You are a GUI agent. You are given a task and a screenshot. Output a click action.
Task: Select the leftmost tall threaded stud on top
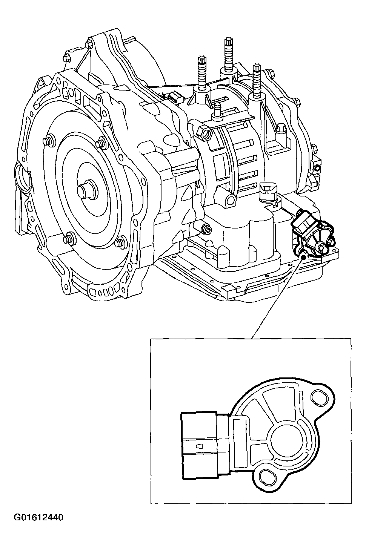coord(201,72)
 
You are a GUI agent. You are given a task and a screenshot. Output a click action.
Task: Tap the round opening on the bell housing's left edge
coord(21,178)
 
